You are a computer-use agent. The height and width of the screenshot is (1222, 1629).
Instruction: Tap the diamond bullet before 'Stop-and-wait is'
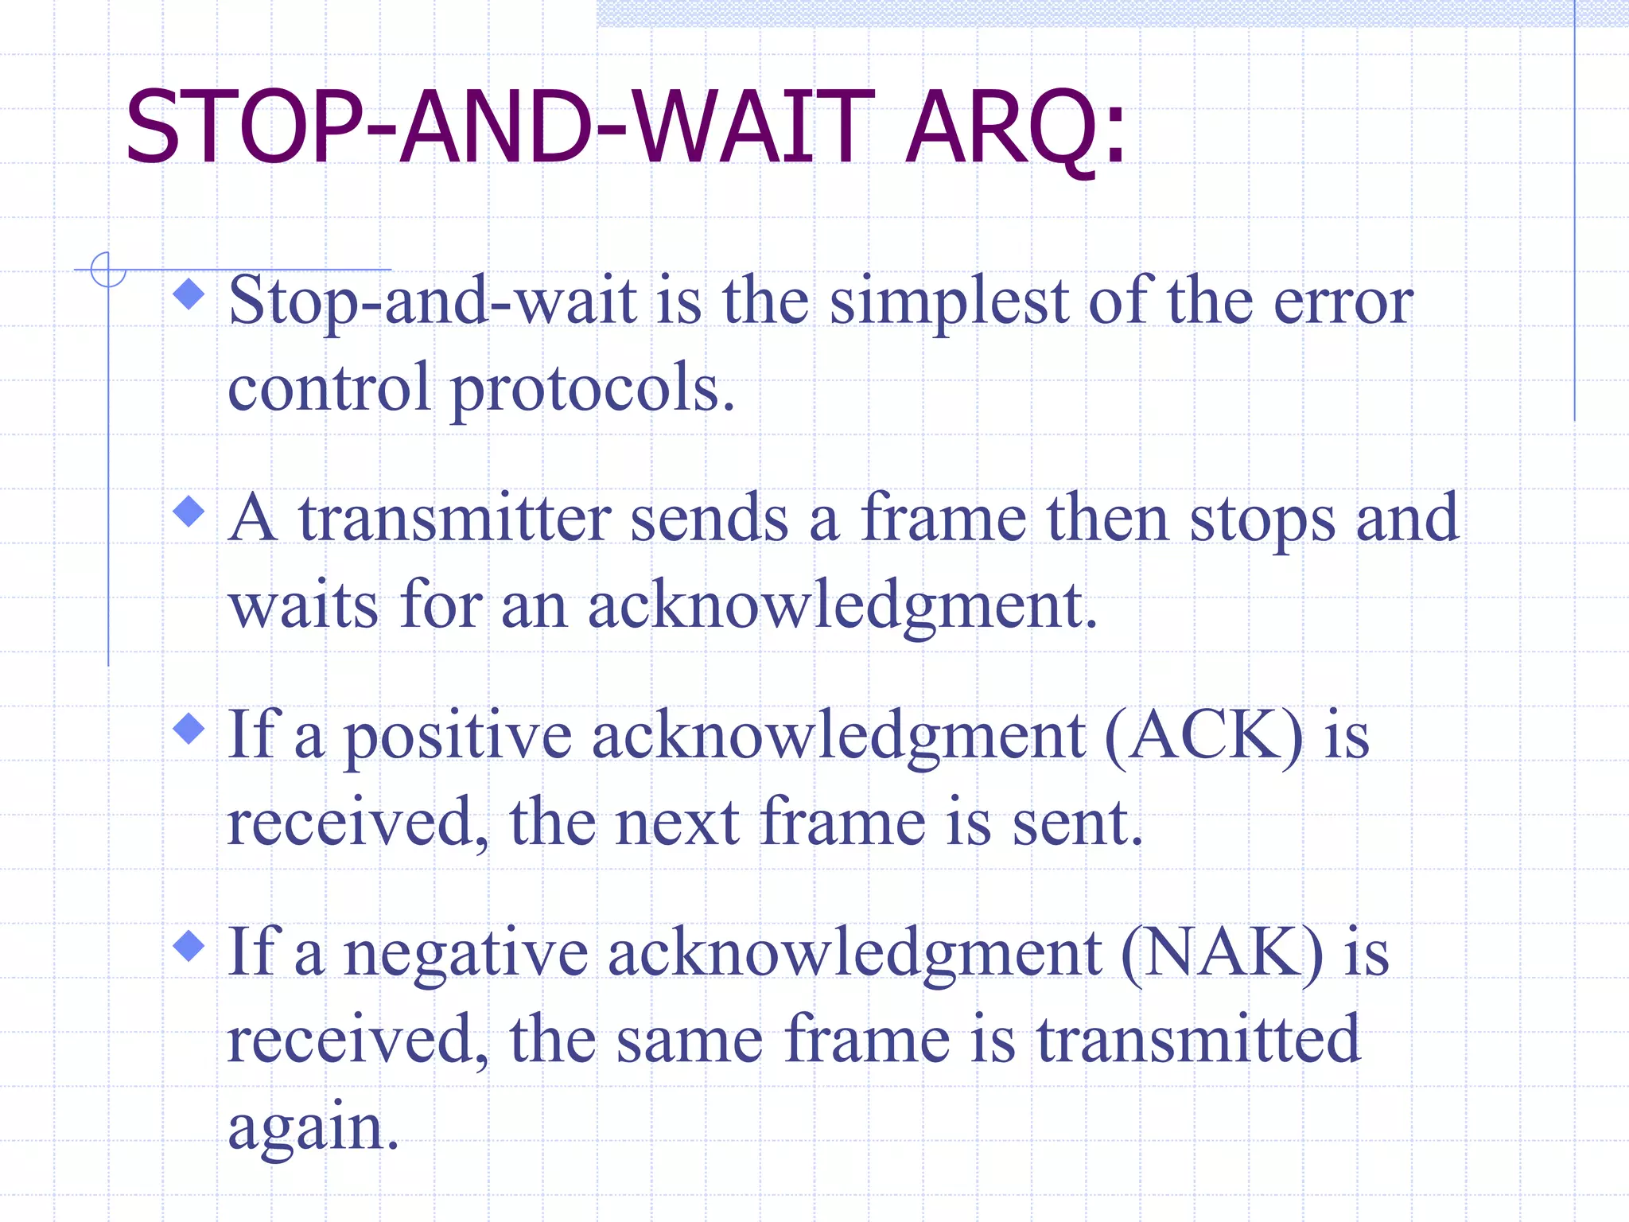(x=189, y=294)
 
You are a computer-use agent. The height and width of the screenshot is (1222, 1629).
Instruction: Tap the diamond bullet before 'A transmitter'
(x=189, y=512)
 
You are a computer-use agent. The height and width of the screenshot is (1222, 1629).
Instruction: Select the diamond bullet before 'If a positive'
(x=189, y=729)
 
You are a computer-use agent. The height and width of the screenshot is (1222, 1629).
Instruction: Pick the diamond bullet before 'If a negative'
(x=189, y=946)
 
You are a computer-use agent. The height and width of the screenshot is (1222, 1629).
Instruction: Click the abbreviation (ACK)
(x=1204, y=737)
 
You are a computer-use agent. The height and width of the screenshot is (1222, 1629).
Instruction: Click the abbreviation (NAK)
(x=1222, y=954)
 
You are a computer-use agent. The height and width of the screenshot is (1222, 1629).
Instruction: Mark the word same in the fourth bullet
(x=690, y=1041)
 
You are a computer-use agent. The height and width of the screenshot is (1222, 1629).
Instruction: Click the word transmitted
(x=1199, y=1039)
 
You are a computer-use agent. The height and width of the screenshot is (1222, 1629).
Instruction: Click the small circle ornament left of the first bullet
(x=108, y=270)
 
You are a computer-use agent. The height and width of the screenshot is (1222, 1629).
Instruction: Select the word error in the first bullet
(x=1343, y=304)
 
